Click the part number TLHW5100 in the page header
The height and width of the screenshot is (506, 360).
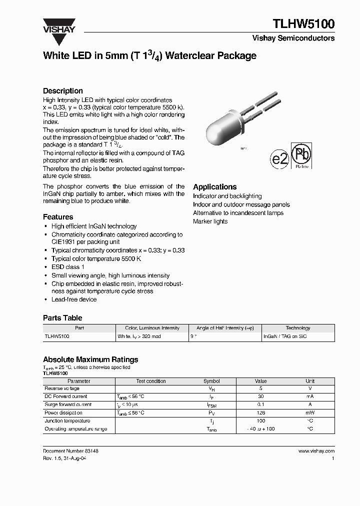303,24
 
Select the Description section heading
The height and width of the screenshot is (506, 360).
63,91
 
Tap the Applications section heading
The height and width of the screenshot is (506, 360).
215,186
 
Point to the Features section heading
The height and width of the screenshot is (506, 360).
58,217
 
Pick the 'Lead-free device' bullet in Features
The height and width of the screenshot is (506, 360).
74,299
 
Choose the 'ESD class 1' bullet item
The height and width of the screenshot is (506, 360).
67,267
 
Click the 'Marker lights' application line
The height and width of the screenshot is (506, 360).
210,221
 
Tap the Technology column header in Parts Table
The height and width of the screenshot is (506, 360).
298,328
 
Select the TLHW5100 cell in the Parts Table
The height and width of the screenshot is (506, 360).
57,337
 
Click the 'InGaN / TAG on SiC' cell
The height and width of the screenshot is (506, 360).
285,337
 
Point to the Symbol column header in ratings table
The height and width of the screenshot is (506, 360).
211,381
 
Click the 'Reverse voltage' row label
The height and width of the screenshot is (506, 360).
62,388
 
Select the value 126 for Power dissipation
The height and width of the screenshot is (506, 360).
261,413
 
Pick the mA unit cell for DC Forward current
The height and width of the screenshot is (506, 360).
310,396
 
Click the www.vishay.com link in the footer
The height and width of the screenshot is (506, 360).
316,451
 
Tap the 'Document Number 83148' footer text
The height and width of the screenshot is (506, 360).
70,451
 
